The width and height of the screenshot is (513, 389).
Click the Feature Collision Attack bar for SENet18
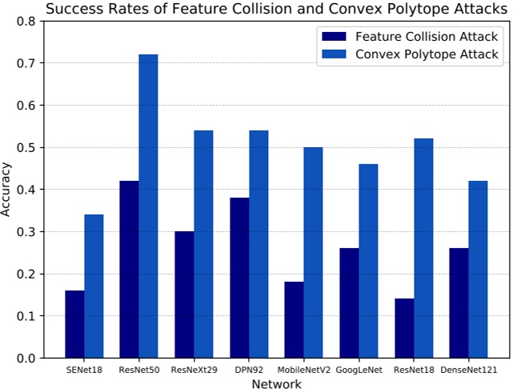[x=75, y=324]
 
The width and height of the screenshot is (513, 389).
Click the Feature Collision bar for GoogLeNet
[x=349, y=303]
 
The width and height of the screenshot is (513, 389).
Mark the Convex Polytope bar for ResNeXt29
[x=203, y=244]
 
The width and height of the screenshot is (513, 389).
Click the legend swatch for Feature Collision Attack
[x=335, y=36]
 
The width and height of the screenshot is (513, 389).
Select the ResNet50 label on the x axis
[x=139, y=371]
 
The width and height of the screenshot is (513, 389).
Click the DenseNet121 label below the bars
[x=468, y=371]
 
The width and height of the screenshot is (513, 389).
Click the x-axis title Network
[x=276, y=383]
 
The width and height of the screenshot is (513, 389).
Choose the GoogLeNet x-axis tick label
[x=359, y=371]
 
